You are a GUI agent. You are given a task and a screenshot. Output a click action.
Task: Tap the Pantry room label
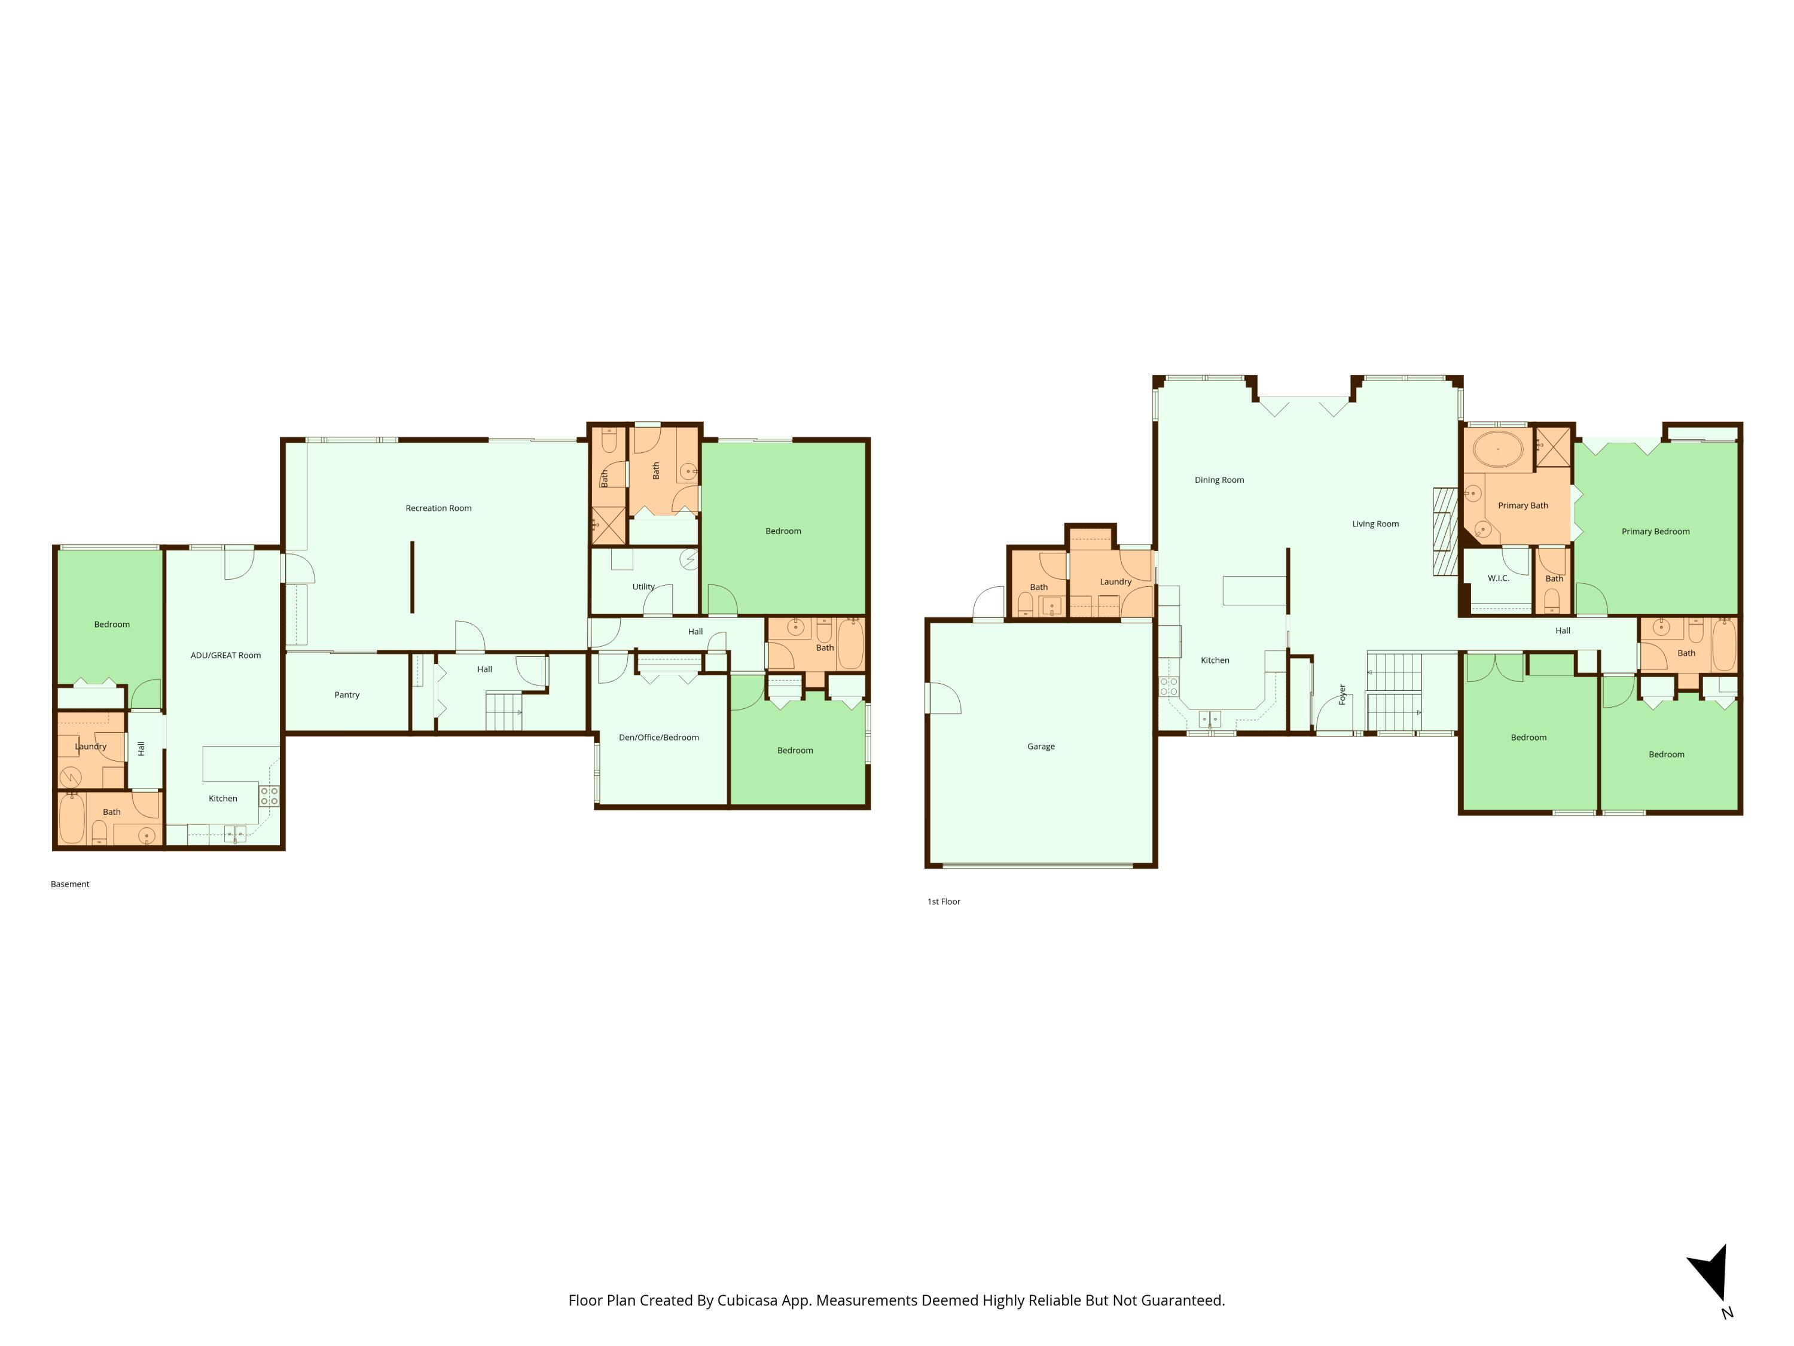tap(346, 695)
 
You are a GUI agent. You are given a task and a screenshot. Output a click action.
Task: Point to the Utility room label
tap(643, 587)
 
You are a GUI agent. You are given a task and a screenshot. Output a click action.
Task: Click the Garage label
tap(1041, 747)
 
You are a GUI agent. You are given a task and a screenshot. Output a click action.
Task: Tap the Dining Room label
tap(1219, 480)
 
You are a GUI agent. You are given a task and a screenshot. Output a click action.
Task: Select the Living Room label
tap(1375, 524)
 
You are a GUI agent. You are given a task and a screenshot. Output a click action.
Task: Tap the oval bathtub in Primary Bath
tap(1497, 449)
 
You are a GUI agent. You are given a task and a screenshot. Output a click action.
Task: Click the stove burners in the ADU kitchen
tap(269, 796)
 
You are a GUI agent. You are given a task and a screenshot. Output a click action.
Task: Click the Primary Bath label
tap(1523, 506)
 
